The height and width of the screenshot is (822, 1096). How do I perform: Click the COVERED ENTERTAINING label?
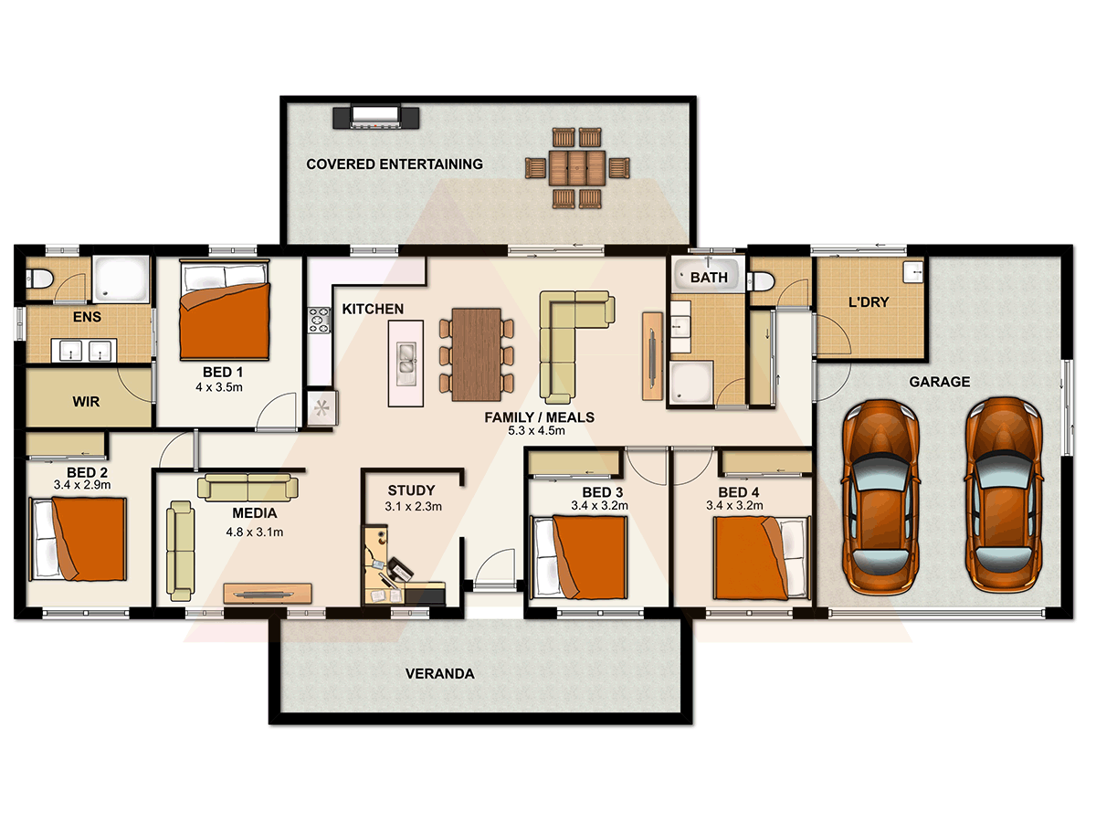[x=394, y=164]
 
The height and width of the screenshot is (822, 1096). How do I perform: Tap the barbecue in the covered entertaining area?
[x=376, y=117]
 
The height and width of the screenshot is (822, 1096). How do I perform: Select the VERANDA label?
[x=440, y=674]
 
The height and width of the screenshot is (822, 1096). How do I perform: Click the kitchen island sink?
[x=406, y=364]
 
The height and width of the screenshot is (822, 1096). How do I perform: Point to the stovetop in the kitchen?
[x=319, y=320]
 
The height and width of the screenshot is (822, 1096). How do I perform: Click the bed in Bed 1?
[x=225, y=310]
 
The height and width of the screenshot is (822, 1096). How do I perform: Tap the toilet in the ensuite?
[x=39, y=278]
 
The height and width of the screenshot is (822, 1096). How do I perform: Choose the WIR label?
[x=86, y=402]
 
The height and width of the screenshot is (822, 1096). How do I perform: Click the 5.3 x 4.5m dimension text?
[x=537, y=431]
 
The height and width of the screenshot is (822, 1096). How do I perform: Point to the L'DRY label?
[x=869, y=302]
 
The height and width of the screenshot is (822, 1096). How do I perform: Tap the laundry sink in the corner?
[x=913, y=272]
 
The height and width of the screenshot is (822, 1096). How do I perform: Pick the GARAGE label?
[x=939, y=382]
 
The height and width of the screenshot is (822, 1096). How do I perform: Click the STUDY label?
[x=411, y=490]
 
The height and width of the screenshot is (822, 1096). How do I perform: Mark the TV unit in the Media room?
[x=268, y=594]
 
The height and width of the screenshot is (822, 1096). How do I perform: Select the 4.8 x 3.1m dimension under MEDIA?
[x=255, y=532]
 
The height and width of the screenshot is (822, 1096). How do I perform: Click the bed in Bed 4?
[x=761, y=557]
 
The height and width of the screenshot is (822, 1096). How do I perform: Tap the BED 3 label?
[x=602, y=492]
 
